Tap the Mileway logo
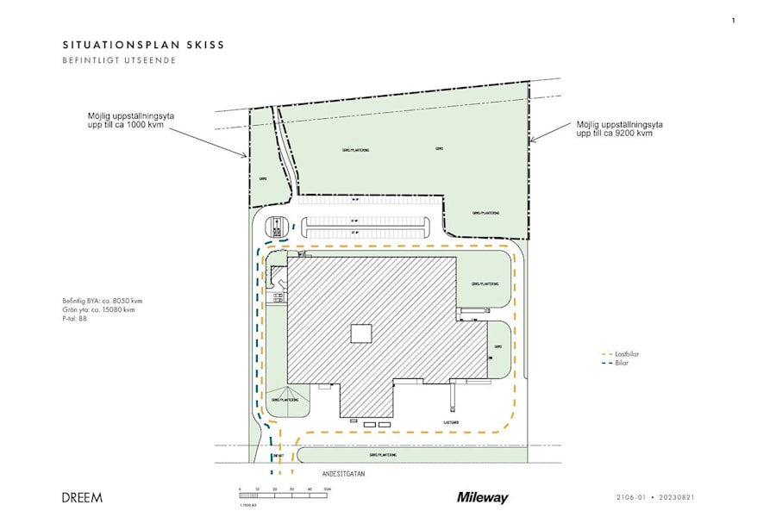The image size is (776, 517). [x=482, y=497]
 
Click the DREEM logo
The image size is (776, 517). [x=82, y=497]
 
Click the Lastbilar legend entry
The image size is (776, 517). [x=627, y=354]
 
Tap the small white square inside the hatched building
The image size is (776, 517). [x=361, y=333]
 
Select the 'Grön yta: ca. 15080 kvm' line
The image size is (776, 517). [x=97, y=309]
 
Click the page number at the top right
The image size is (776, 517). [x=733, y=20]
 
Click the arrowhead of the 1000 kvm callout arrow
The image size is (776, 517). [x=247, y=157]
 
